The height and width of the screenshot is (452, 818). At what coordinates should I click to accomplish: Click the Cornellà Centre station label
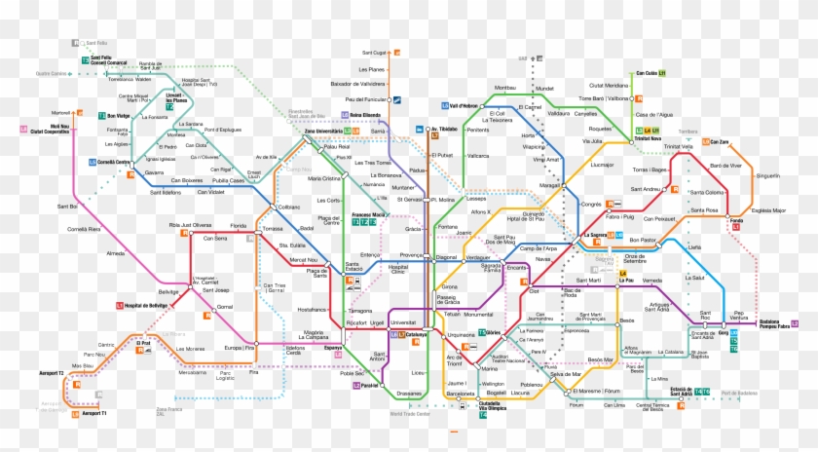(x=115, y=162)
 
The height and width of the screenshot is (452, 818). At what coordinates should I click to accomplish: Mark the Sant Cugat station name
(x=374, y=53)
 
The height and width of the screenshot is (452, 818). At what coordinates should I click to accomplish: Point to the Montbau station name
(x=504, y=88)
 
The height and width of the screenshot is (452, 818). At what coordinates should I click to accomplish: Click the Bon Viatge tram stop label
(x=118, y=116)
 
